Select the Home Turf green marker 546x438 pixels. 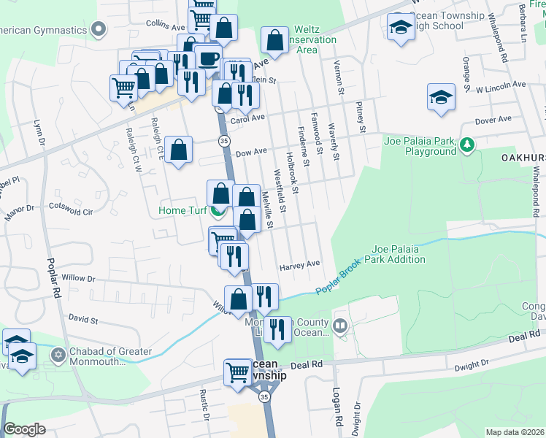coord(218,212)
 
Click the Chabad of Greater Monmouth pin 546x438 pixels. coord(58,355)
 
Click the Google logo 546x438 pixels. coord(24,429)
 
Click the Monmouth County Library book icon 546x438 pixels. coord(339,324)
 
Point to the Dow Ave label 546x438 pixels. coord(250,153)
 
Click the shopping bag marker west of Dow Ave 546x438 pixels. coord(178,150)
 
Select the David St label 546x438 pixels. coord(83,319)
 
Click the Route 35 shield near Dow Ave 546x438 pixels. coord(224,140)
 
